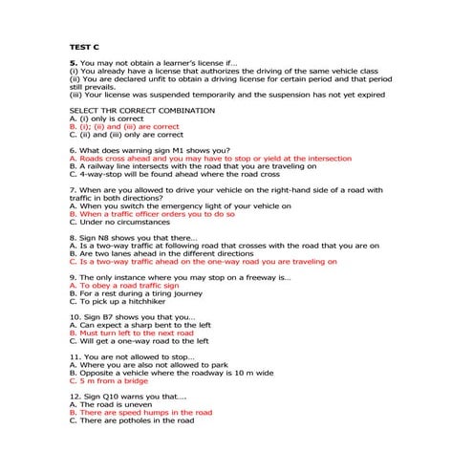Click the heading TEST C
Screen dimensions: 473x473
[84, 45]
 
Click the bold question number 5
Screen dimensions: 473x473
[73, 62]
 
